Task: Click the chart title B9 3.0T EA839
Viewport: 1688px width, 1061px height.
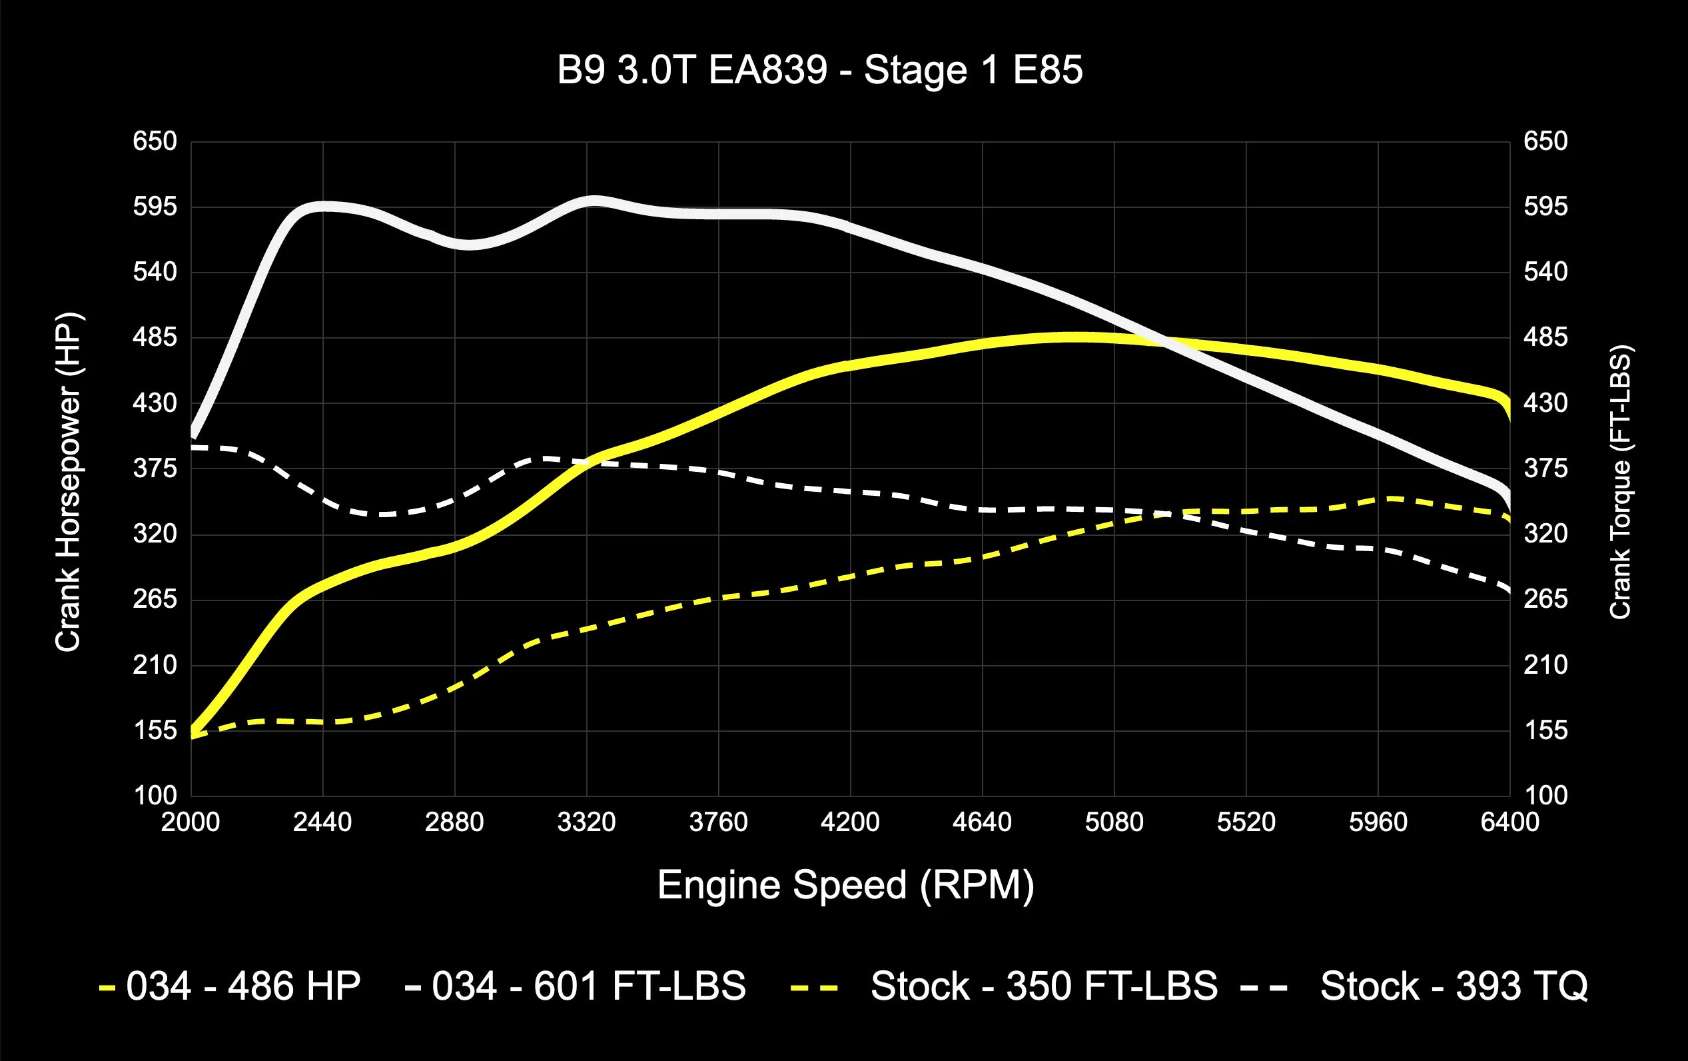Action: pos(819,70)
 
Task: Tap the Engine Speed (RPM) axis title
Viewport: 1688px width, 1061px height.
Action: pos(845,885)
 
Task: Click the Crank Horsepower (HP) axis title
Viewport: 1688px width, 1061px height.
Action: pos(68,482)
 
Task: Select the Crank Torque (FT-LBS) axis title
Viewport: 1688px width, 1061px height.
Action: pos(1620,482)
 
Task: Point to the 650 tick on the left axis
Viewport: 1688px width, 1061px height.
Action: pos(155,142)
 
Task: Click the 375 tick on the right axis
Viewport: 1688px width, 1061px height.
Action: pos(1545,469)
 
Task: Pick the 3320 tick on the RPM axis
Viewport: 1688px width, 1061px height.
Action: pos(586,822)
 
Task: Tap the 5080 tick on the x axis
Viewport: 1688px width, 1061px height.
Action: pos(1114,822)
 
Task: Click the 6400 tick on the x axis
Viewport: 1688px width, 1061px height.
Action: pos(1509,822)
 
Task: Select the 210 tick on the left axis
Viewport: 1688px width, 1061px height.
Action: pos(155,664)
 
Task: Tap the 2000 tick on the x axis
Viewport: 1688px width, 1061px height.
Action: pos(191,822)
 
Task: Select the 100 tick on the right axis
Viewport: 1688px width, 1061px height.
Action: pos(1545,795)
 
